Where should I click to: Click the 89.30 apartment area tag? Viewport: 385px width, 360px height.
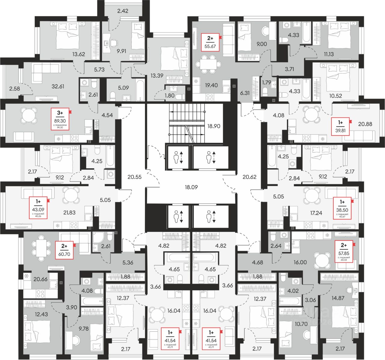point(60,119)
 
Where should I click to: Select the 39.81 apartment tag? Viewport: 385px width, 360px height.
point(341,126)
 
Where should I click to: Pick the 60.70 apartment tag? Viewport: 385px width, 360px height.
point(64,250)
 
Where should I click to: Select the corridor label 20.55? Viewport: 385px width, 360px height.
point(134,177)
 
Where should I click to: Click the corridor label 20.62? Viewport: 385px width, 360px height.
point(249,177)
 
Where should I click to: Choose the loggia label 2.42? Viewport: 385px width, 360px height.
point(123,11)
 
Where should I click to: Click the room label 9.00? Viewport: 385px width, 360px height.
point(262,44)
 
